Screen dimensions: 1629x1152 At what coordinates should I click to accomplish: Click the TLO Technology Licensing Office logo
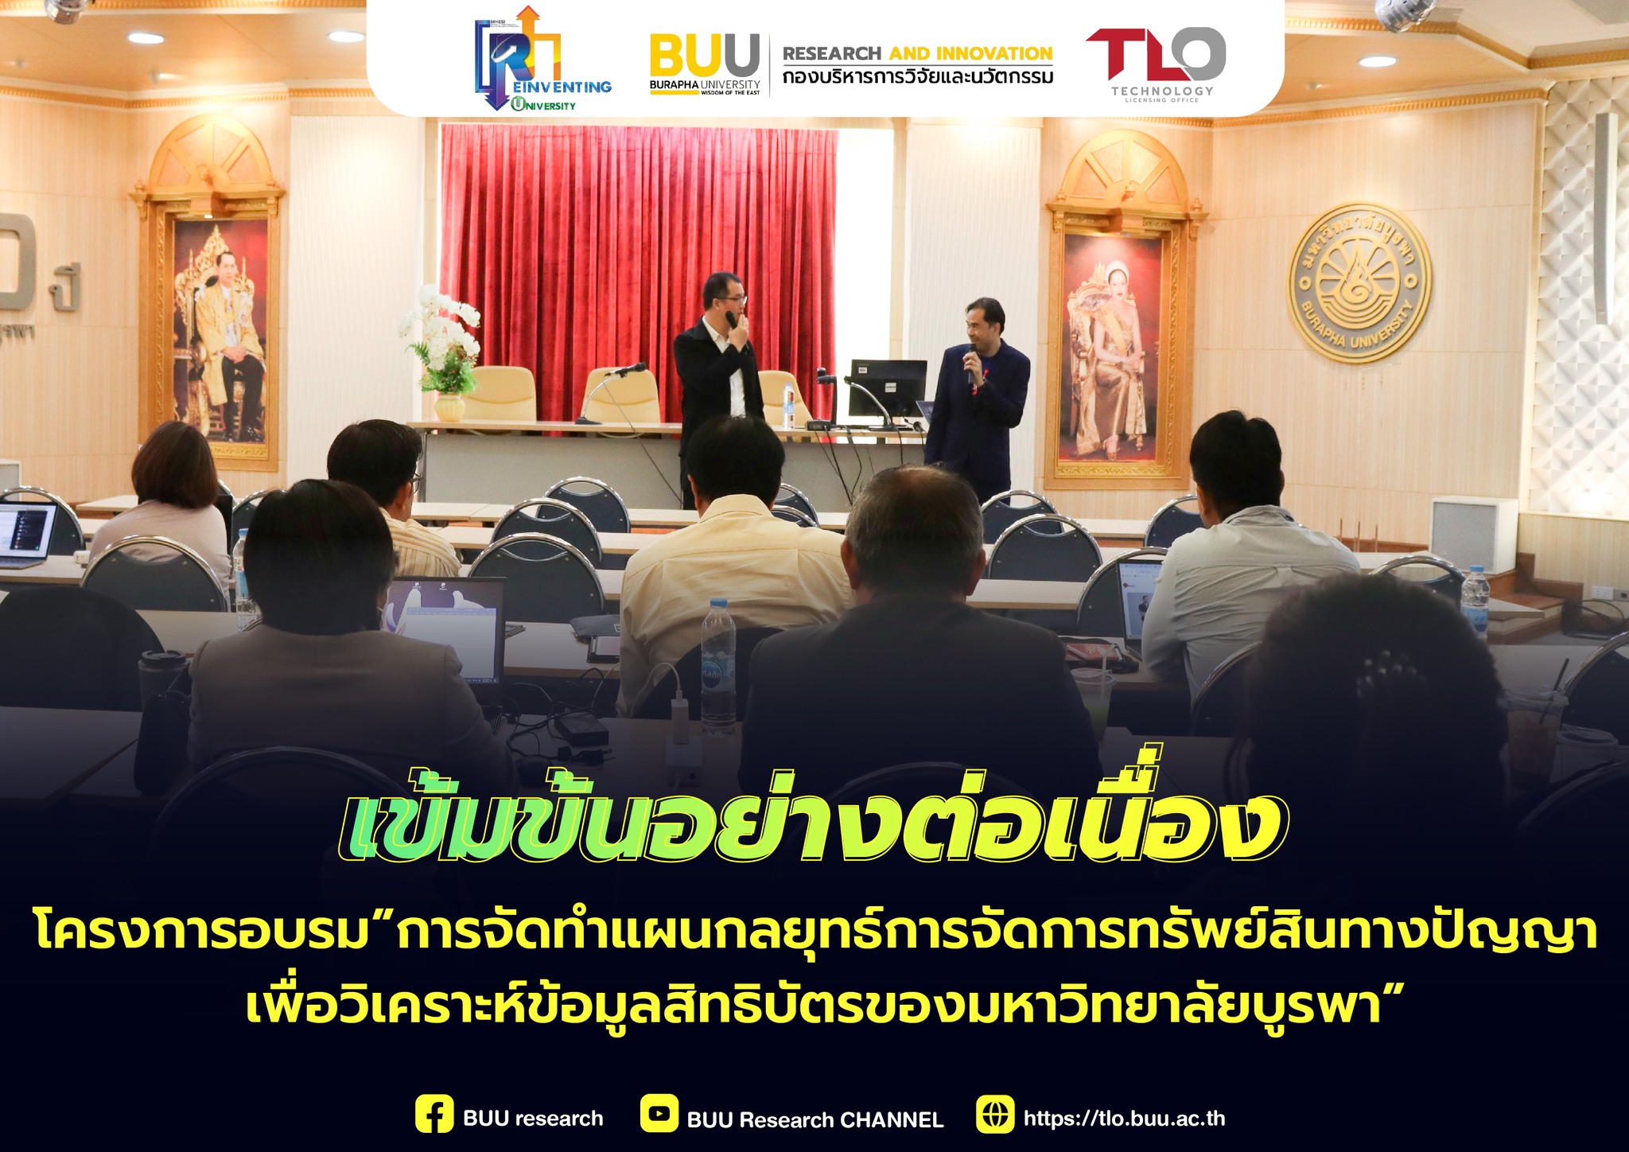(x=1155, y=64)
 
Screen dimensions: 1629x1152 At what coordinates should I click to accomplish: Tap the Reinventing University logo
(x=542, y=60)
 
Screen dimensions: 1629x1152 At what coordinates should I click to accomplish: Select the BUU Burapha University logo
(x=705, y=64)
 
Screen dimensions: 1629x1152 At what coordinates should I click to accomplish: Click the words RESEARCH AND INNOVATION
(x=917, y=53)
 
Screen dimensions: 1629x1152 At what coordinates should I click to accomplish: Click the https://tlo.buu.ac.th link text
(x=1124, y=1118)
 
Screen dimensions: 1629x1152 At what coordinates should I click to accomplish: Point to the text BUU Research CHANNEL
(x=814, y=1119)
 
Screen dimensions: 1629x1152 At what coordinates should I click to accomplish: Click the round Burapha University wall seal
(x=1359, y=282)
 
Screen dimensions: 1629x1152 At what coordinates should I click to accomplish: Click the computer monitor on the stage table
(x=887, y=390)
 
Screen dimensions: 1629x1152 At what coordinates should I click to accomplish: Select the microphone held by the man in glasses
(x=732, y=320)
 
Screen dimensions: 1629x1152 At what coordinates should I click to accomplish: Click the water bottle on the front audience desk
(x=717, y=668)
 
